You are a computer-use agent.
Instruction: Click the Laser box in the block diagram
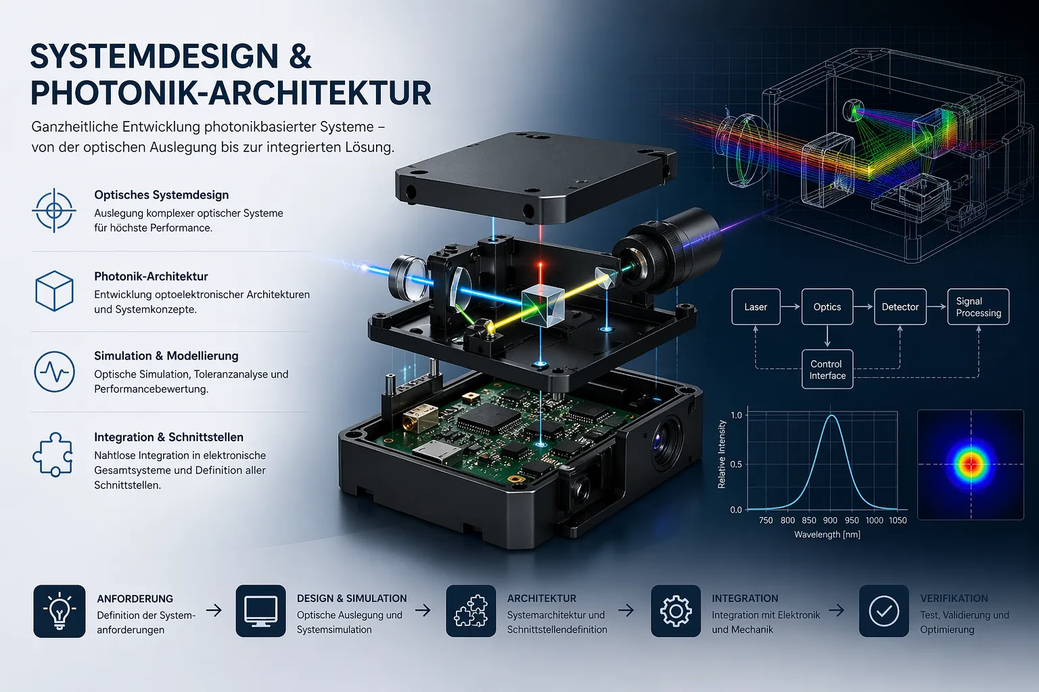coord(756,307)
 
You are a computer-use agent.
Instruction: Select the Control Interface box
coord(827,370)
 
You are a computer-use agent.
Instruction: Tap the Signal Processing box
coord(978,307)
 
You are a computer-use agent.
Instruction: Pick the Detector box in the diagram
coord(900,307)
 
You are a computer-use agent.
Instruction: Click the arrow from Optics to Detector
coord(863,307)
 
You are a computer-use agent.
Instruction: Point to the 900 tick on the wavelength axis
coord(830,520)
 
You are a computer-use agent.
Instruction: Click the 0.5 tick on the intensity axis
coord(736,464)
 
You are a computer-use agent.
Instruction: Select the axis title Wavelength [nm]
coord(827,535)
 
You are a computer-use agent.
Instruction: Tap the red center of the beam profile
coord(971,464)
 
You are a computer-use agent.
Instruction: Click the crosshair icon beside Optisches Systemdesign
coord(54,211)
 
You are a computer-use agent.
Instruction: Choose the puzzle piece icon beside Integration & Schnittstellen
coord(53,454)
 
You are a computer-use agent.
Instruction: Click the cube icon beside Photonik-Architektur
coord(54,291)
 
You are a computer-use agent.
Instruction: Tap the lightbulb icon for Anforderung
coord(60,612)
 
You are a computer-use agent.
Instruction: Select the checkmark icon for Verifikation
coord(883,612)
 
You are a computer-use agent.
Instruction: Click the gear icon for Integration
coord(676,612)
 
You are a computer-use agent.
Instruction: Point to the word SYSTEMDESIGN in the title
coord(154,56)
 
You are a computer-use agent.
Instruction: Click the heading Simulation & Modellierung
coord(166,356)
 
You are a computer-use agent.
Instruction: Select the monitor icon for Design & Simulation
coord(260,612)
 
